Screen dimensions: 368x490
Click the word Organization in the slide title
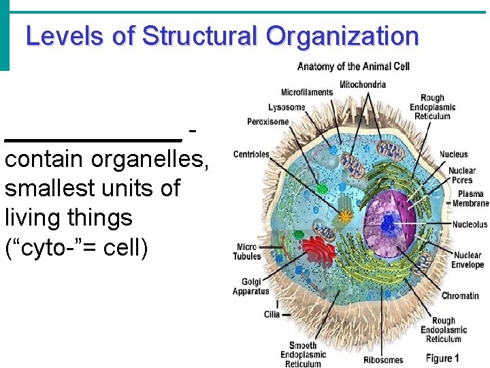(342, 36)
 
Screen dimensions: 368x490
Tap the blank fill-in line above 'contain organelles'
(93, 138)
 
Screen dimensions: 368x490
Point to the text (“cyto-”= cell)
(76, 247)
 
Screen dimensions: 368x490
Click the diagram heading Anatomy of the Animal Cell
(353, 66)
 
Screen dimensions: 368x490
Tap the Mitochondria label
(363, 85)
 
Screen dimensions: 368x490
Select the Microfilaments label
(307, 92)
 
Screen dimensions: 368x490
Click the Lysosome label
(287, 107)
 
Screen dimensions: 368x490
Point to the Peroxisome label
(268, 122)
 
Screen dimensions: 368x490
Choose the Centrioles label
(251, 154)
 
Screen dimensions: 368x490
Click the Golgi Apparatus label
(251, 286)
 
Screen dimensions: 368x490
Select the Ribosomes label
(383, 359)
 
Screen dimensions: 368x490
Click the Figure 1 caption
(442, 358)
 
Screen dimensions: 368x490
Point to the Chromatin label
(460, 296)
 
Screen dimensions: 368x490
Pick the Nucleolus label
(470, 224)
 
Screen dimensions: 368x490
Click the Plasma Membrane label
(471, 198)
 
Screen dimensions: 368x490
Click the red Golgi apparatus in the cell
(319, 251)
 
